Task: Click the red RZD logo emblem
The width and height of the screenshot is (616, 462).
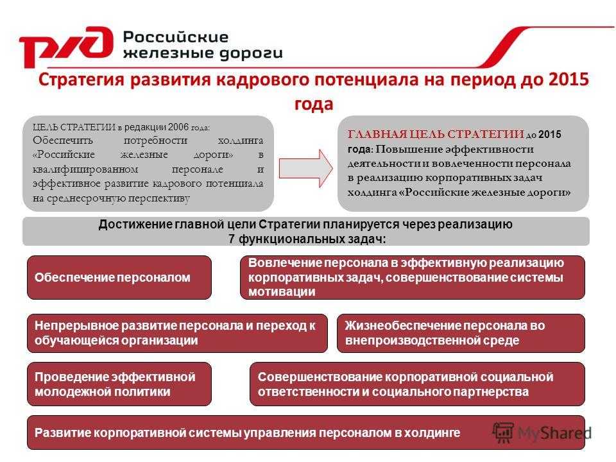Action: point(66,46)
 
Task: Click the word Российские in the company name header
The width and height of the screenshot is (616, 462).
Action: point(176,37)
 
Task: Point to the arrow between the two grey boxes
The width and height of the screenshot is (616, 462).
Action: point(306,168)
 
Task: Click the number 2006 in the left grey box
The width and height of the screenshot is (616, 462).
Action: point(178,127)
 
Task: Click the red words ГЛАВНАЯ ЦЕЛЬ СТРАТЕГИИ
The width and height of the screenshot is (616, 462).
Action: point(436,134)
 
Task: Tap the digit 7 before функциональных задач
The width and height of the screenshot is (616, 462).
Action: point(232,239)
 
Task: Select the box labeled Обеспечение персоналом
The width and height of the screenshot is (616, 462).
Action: point(119,277)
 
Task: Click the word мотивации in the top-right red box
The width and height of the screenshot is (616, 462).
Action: point(282,292)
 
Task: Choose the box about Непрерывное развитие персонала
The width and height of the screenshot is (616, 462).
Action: point(177,333)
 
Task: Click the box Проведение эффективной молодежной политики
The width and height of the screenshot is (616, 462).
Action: point(119,384)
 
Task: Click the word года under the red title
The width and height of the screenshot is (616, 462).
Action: point(314,104)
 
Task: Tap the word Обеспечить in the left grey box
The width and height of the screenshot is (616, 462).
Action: point(63,141)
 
